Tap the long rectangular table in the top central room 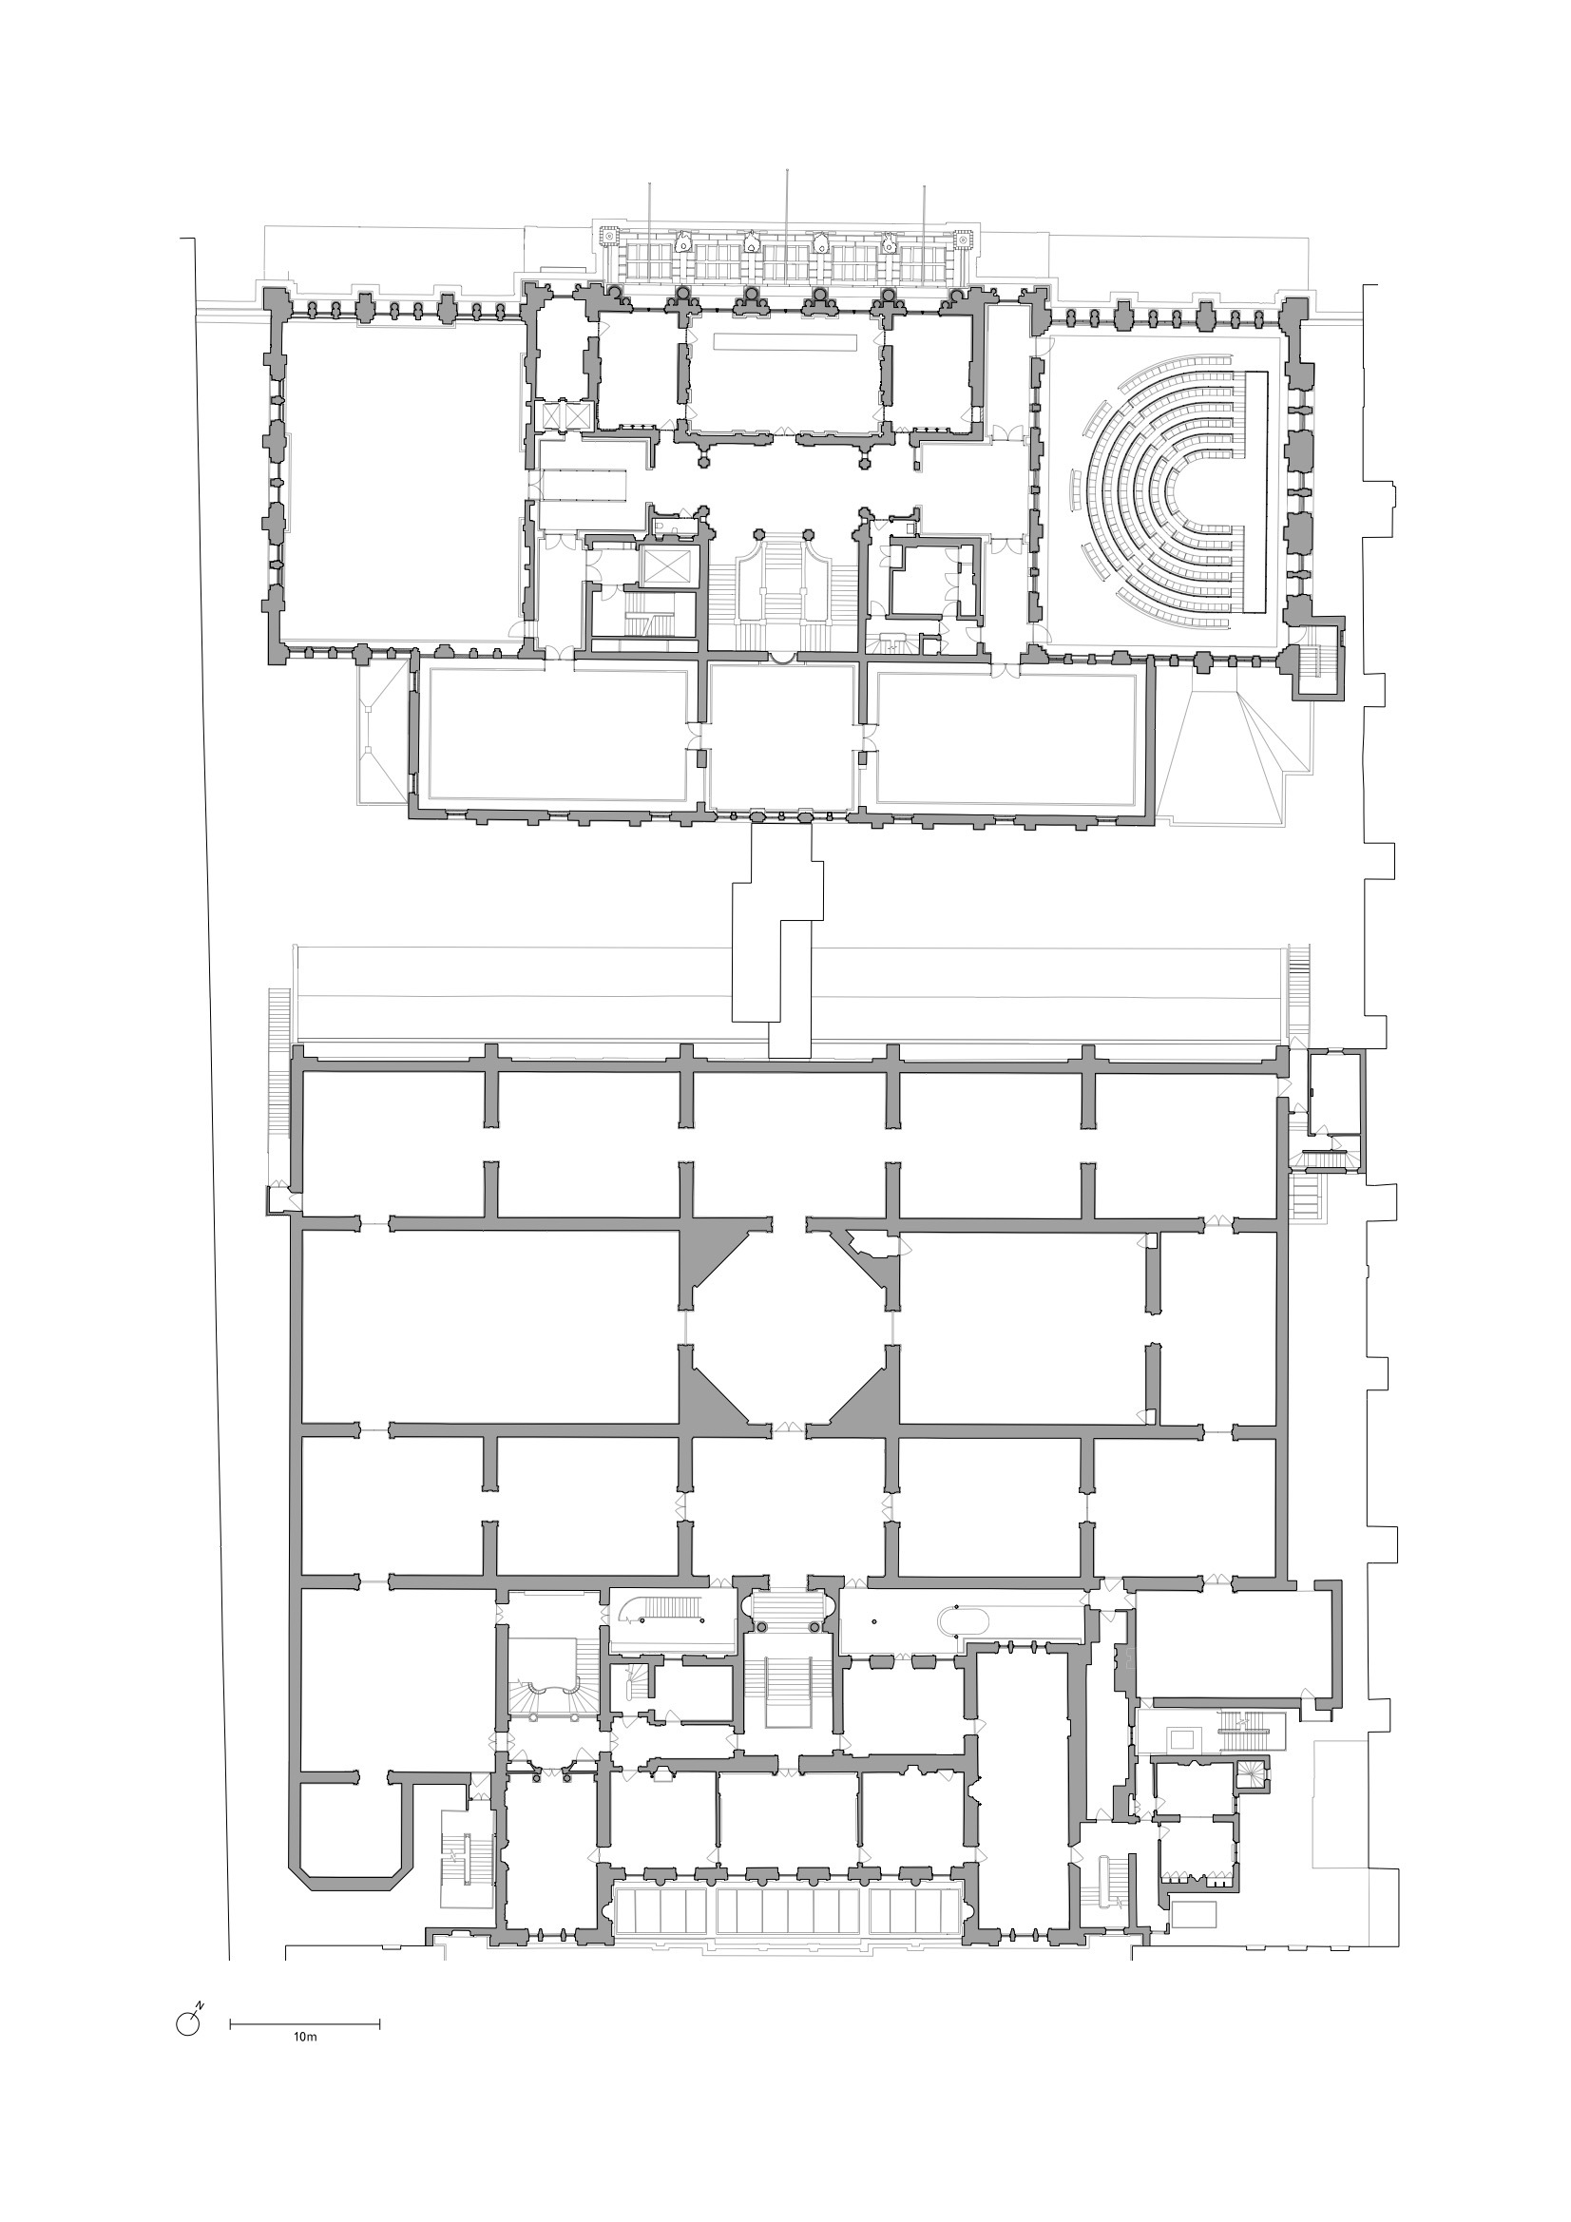click(x=785, y=341)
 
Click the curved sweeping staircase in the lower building click(x=547, y=1696)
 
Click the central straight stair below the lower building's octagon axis click(x=786, y=1689)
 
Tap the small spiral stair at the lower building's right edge click(x=1250, y=1771)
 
